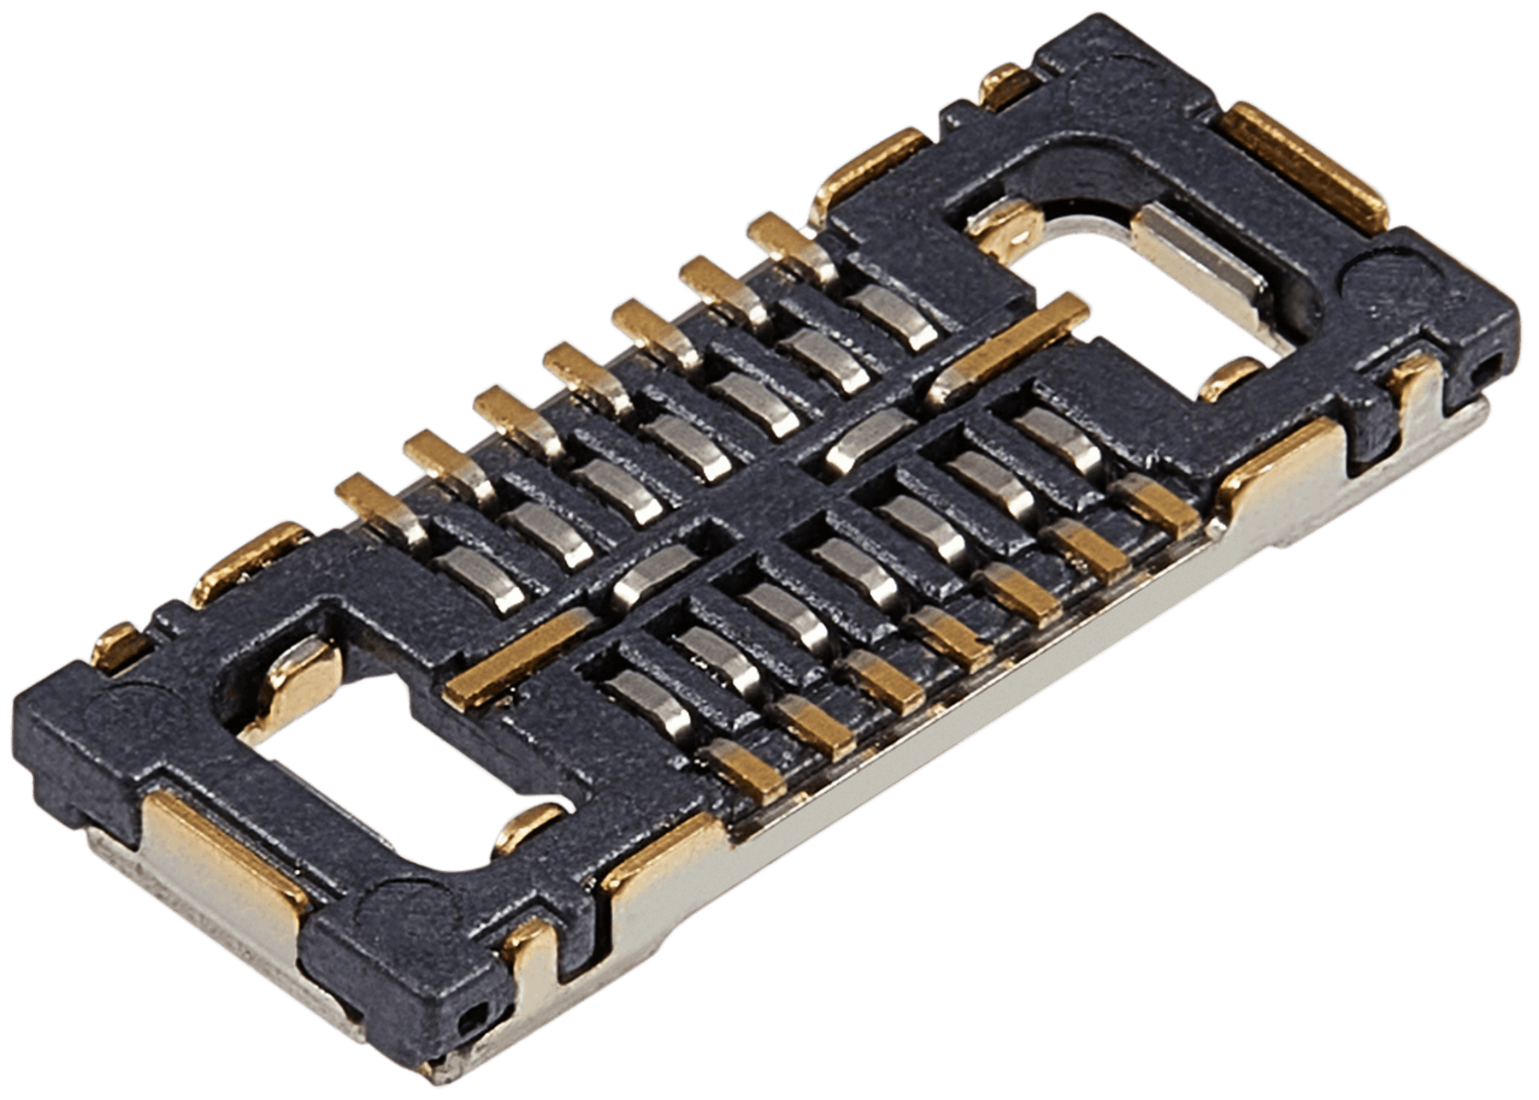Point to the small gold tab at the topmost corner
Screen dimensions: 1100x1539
tap(1009, 90)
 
